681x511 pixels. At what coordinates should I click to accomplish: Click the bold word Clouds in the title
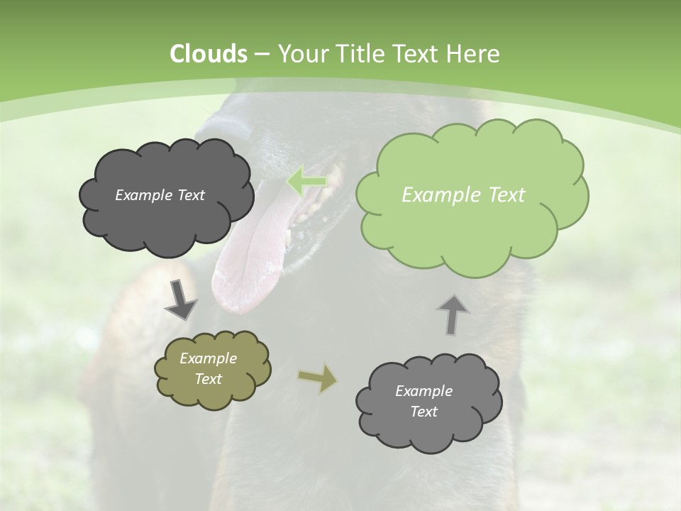[209, 54]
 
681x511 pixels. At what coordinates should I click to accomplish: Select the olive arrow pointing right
[318, 378]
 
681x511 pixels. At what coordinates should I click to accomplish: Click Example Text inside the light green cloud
[463, 195]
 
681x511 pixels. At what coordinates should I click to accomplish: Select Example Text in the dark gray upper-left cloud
[160, 195]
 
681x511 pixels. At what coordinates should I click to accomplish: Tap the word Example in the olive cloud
[208, 358]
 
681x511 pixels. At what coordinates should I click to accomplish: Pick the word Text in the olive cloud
[208, 379]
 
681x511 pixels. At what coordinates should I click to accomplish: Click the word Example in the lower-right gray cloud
[423, 391]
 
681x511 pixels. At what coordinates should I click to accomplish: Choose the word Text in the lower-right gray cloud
[423, 412]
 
